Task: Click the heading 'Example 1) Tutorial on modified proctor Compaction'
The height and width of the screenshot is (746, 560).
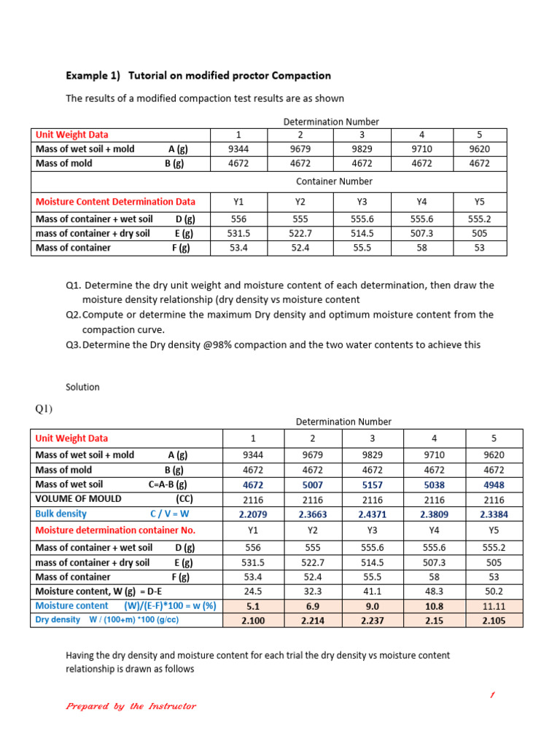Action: [x=198, y=76]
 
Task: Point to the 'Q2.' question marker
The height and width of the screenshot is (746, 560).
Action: [x=73, y=315]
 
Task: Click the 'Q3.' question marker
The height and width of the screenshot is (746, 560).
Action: [x=73, y=345]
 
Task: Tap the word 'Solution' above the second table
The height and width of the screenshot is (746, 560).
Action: [x=82, y=387]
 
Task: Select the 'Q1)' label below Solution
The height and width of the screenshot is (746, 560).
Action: [x=44, y=409]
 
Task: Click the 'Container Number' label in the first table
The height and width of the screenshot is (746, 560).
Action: [x=334, y=181]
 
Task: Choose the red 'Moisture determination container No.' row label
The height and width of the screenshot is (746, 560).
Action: [x=115, y=530]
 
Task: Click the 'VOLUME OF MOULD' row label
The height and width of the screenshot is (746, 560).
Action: [x=78, y=499]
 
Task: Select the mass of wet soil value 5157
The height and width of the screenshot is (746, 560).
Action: [x=372, y=484]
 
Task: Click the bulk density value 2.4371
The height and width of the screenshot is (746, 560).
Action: [x=372, y=514]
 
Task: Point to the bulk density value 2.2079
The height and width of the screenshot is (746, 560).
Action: [x=253, y=514]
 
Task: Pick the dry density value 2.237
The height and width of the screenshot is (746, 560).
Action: [x=372, y=621]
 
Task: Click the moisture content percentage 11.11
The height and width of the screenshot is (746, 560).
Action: [x=494, y=605]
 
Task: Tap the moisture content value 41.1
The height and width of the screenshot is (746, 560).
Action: [x=372, y=592]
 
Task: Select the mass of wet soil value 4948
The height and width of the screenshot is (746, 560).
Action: [x=494, y=484]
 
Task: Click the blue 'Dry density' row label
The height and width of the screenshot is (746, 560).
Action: [x=58, y=620]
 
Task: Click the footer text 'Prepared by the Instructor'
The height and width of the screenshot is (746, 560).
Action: [x=131, y=706]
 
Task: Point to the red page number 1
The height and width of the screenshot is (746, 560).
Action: [x=492, y=696]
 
